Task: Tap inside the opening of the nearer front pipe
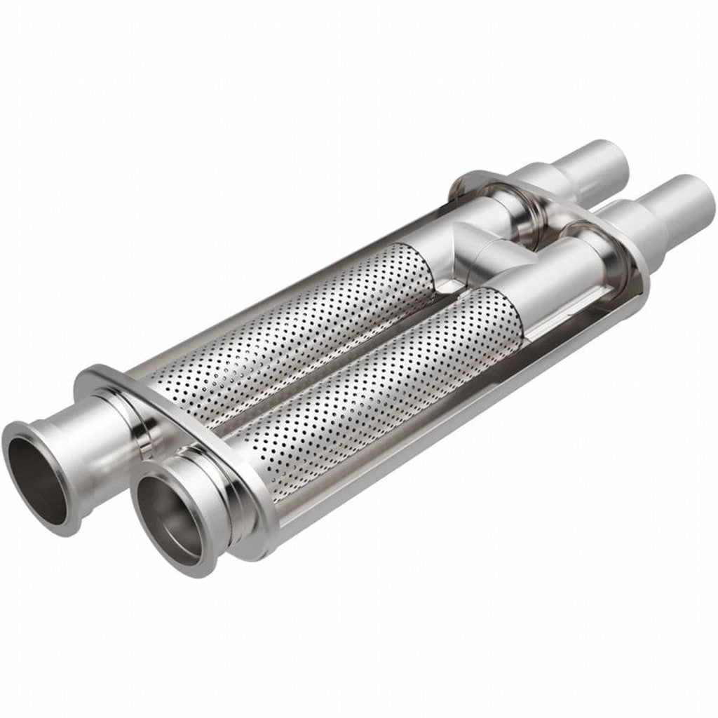[x=168, y=512]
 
